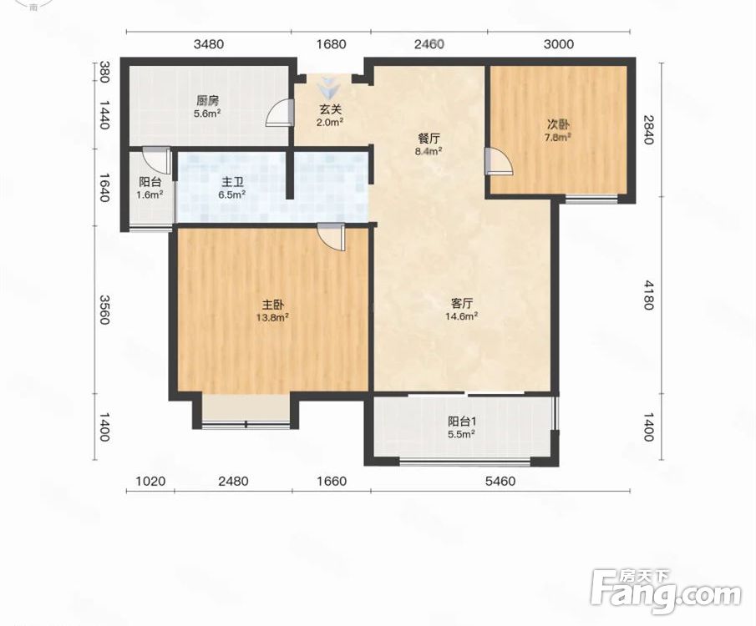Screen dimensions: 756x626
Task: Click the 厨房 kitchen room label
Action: pos(207,101)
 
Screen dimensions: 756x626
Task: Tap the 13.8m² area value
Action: pos(272,317)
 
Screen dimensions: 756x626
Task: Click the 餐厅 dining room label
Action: pos(429,139)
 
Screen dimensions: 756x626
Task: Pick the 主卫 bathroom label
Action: pos(232,182)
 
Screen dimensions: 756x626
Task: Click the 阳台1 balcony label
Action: pos(462,422)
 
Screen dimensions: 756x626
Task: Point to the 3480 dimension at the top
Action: pos(209,44)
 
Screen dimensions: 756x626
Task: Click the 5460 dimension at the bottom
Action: pos(500,481)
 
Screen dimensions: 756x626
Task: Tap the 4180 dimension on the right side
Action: pos(647,295)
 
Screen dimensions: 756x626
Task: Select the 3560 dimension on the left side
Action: pos(104,309)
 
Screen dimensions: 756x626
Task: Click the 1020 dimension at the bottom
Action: pos(150,481)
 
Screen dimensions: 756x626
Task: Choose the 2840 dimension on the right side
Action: pos(647,129)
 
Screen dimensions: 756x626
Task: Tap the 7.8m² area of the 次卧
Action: pos(558,137)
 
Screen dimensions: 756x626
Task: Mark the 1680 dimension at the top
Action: pos(332,44)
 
